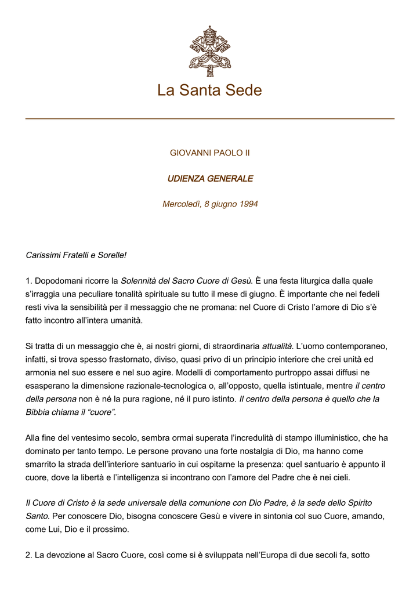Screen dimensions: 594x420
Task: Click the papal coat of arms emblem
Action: click(x=209, y=51)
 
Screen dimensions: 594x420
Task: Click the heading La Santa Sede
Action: click(x=209, y=90)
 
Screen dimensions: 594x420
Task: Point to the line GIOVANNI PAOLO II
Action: click(x=209, y=153)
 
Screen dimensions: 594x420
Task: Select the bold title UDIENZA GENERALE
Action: click(x=210, y=179)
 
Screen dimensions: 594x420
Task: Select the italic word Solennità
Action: click(x=139, y=281)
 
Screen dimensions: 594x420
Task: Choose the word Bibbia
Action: click(x=39, y=412)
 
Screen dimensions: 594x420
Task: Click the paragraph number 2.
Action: click(x=29, y=555)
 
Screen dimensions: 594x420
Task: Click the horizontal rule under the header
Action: click(x=210, y=119)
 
